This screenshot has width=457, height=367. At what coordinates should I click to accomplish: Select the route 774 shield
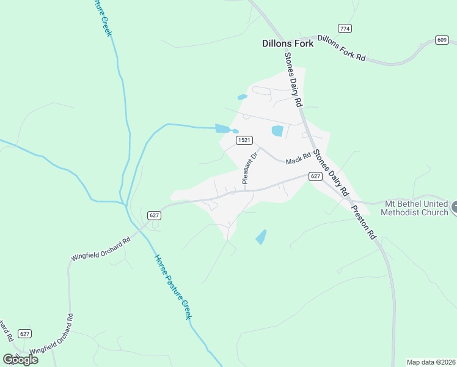tap(345, 29)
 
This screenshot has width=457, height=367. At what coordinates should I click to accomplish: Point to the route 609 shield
tap(442, 40)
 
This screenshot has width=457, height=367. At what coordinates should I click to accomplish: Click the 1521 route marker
tap(244, 140)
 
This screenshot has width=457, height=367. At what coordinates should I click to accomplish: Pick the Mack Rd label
tap(299, 160)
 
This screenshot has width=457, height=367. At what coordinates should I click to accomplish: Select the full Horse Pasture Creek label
tap(173, 286)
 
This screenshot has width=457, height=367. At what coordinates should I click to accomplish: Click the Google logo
tap(20, 360)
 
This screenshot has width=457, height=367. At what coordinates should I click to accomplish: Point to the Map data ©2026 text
tap(431, 362)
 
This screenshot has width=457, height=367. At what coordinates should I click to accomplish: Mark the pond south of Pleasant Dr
tap(261, 237)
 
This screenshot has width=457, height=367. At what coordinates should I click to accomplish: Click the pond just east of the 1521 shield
tap(277, 130)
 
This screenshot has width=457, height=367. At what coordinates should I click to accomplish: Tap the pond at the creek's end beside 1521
tap(223, 128)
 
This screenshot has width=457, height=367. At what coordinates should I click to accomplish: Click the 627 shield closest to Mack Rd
tap(315, 176)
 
